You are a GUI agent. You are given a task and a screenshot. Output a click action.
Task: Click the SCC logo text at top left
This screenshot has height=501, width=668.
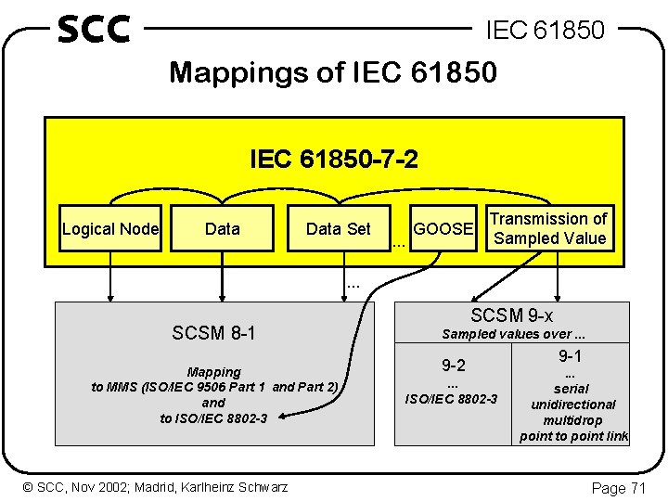(x=93, y=29)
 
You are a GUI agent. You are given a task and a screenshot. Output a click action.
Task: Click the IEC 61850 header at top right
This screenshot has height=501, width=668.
(x=546, y=31)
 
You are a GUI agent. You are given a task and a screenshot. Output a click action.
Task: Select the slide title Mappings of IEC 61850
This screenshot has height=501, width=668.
(x=333, y=71)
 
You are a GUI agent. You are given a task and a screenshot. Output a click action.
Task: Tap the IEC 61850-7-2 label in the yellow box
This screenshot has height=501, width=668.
(x=333, y=160)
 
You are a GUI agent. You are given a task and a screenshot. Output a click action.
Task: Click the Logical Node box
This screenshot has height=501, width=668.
(x=110, y=229)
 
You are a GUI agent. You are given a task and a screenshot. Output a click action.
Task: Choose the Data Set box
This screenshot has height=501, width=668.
(x=338, y=229)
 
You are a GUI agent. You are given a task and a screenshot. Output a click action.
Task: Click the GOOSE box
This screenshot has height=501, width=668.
(x=444, y=229)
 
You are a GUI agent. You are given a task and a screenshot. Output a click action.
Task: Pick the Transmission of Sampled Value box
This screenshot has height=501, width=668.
(x=549, y=228)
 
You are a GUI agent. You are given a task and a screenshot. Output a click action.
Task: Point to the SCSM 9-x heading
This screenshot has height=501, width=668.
(x=512, y=315)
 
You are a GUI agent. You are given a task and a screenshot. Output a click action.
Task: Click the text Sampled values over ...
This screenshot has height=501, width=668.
(x=511, y=334)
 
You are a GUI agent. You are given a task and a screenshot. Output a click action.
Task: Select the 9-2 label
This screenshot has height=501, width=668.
(x=453, y=366)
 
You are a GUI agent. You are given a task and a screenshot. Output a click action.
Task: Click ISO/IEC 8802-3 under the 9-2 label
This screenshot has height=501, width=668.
(x=453, y=399)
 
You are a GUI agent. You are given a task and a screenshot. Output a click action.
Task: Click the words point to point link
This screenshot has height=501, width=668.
(x=573, y=436)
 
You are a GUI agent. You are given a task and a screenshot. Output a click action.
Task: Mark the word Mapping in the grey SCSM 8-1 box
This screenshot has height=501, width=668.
(x=213, y=372)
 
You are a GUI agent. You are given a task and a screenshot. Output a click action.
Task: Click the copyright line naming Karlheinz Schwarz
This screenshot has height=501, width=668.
(x=156, y=487)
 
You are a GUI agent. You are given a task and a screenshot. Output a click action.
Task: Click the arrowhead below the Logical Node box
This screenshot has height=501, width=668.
(x=110, y=295)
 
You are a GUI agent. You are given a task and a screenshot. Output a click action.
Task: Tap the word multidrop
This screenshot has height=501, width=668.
(x=573, y=420)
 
